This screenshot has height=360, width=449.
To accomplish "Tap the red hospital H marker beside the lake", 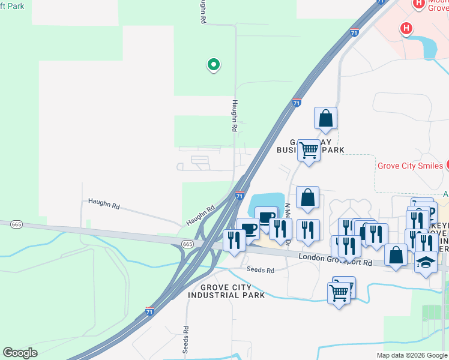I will pyautogui.click(x=406, y=28).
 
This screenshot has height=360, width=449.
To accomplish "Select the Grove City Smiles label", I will pyautogui.click(x=409, y=166).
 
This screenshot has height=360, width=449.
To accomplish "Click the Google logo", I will pyautogui.click(x=20, y=353).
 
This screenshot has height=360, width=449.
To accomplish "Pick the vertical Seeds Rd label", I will pyautogui.click(x=187, y=339).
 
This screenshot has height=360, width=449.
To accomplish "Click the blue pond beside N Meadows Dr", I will pyautogui.click(x=268, y=201).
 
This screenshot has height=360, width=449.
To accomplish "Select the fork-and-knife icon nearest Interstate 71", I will pyautogui.click(x=234, y=239).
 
